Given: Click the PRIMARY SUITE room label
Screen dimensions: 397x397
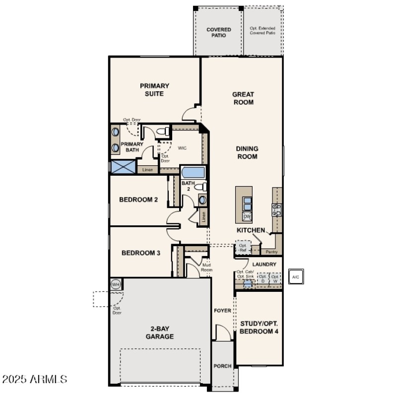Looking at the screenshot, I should pyautogui.click(x=154, y=89).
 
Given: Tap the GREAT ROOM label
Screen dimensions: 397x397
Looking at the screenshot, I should pyautogui.click(x=243, y=98).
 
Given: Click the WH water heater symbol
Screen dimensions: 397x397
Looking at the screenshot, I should pyautogui.click(x=116, y=284).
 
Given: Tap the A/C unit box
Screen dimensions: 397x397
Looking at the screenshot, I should pyautogui.click(x=296, y=277).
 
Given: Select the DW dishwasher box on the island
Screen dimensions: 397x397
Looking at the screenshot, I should pyautogui.click(x=247, y=216).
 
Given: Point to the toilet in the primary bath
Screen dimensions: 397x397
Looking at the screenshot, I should pyautogui.click(x=161, y=132).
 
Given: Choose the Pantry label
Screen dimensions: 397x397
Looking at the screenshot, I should pyautogui.click(x=271, y=252).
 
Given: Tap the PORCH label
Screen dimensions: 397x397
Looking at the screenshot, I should pyautogui.click(x=223, y=366).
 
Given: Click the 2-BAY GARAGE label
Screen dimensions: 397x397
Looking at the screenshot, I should pyautogui.click(x=159, y=332).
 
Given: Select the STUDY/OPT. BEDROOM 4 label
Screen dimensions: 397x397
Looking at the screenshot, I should pyautogui.click(x=259, y=327).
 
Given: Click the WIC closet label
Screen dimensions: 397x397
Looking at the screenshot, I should pyautogui.click(x=182, y=148).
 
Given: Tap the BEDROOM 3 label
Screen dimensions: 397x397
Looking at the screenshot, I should pyautogui.click(x=141, y=253).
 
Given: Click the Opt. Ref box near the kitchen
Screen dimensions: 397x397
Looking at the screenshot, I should pyautogui.click(x=243, y=248).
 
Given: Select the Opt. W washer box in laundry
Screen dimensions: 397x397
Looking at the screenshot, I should pyautogui.click(x=274, y=278).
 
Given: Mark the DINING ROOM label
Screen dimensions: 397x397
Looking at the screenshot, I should pyautogui.click(x=247, y=152).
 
